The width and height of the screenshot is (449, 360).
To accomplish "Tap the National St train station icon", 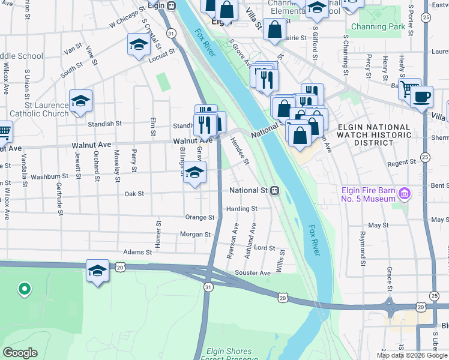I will pyautogui.click(x=274, y=191).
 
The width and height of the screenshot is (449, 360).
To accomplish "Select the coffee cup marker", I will pyautogui.click(x=422, y=97).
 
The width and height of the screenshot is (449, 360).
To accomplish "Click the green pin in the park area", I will pyautogui.click(x=24, y=290).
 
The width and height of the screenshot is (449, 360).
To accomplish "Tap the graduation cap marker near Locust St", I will pyautogui.click(x=139, y=44).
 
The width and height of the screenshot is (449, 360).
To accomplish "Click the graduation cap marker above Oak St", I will pyautogui.click(x=194, y=173).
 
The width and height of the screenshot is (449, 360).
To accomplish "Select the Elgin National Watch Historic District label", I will pyautogui.click(x=374, y=136).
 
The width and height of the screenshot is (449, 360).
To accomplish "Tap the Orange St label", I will pyautogui.click(x=200, y=217).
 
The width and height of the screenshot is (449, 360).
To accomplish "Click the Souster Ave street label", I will pyautogui.click(x=253, y=273).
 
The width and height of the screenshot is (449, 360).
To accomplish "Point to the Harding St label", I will pyautogui.click(x=242, y=209).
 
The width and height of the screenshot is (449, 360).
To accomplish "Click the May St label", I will pyautogui.click(x=378, y=225).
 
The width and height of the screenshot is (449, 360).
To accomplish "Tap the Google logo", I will pyautogui.click(x=20, y=353).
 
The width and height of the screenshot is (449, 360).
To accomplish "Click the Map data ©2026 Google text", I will pyautogui.click(x=411, y=355).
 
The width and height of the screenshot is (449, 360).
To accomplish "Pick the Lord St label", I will pyautogui.click(x=264, y=248).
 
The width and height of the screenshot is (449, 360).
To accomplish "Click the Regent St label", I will pyautogui.click(x=402, y=162).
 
